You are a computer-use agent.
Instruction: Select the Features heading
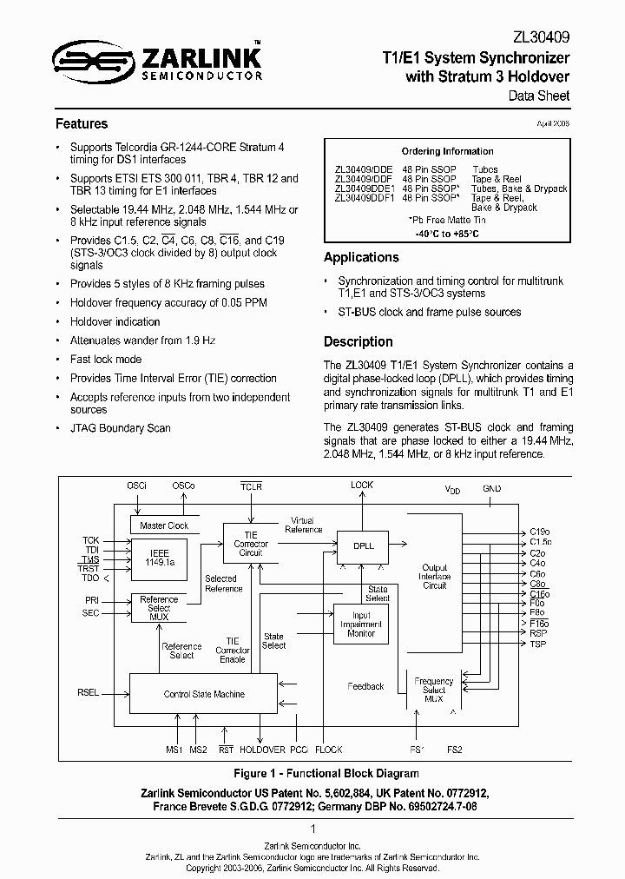pyautogui.click(x=82, y=124)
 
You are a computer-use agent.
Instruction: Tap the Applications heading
pyautogui.click(x=361, y=257)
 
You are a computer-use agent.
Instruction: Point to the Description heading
pyautogui.click(x=358, y=341)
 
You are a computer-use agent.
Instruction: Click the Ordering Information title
pyautogui.click(x=447, y=151)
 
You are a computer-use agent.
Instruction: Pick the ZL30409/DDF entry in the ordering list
pyautogui.click(x=364, y=179)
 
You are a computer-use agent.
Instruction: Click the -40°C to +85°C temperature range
pyautogui.click(x=447, y=235)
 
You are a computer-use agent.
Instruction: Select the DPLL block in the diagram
pyautogui.click(x=364, y=545)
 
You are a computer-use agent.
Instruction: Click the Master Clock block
pyautogui.click(x=164, y=525)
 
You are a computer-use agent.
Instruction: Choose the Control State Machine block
pyautogui.click(x=204, y=694)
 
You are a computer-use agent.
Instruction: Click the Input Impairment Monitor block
pyautogui.click(x=361, y=624)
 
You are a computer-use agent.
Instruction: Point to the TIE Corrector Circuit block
pyautogui.click(x=251, y=545)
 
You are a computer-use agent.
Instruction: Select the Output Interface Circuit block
pyautogui.click(x=434, y=577)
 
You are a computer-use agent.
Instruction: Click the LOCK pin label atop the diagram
pyautogui.click(x=362, y=485)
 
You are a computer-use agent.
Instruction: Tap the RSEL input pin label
pyautogui.click(x=88, y=692)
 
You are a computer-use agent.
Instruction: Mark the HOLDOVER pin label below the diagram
pyautogui.click(x=262, y=749)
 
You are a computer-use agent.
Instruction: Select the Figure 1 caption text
pyautogui.click(x=313, y=773)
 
